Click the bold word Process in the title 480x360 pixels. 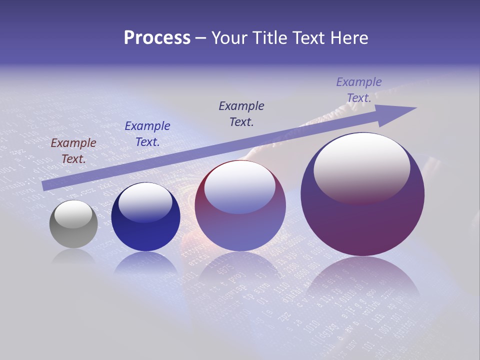coord(157,38)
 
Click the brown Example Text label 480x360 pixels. coord(73,151)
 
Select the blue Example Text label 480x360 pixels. coord(147,134)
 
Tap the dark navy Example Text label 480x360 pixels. coord(241,114)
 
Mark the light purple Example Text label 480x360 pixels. coord(359,90)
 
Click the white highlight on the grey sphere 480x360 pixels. coord(73,214)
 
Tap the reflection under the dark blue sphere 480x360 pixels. coord(145,262)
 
